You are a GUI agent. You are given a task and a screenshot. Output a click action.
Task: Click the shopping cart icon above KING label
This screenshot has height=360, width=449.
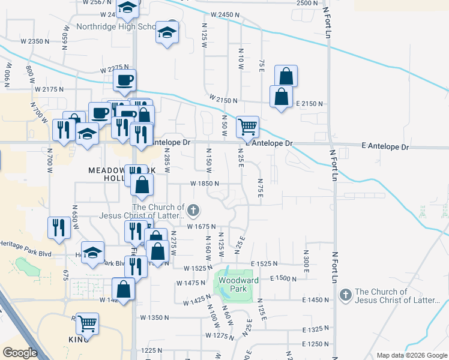pyautogui.click(x=88, y=323)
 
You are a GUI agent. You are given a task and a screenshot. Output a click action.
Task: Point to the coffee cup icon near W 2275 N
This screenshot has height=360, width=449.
pyautogui.click(x=124, y=80)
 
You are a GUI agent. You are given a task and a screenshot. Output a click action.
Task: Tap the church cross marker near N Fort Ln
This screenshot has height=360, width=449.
pyautogui.click(x=345, y=295)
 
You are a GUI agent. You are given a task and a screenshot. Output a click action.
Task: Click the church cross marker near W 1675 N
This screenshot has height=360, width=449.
pyautogui.click(x=193, y=210)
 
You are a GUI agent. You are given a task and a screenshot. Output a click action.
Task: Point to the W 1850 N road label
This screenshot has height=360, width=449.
pyautogui.click(x=204, y=184)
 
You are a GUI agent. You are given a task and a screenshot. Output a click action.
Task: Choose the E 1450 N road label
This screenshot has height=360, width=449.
pyautogui.click(x=316, y=299)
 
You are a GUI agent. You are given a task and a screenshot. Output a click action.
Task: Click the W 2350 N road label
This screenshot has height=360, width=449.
pyautogui.click(x=34, y=41)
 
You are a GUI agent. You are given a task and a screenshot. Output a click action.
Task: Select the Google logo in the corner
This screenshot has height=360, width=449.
pyautogui.click(x=20, y=353)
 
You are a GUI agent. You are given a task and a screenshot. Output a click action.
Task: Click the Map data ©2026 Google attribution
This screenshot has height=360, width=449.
pyautogui.click(x=411, y=355)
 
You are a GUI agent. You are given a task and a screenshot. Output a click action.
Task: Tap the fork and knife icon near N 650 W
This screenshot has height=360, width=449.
pyautogui.click(x=58, y=227)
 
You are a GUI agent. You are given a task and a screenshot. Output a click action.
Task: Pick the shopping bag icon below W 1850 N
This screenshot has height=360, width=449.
pyautogui.click(x=142, y=185)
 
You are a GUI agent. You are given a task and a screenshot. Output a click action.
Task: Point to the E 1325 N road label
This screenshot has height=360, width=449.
pyautogui.click(x=316, y=329)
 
